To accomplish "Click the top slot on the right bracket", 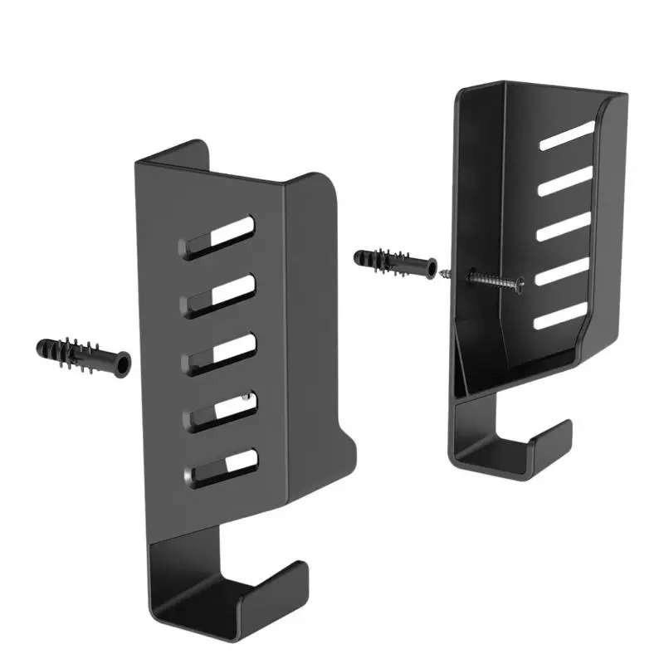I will pos(567,136).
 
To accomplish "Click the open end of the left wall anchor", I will pos(122,364).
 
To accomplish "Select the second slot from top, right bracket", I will pos(567,181).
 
